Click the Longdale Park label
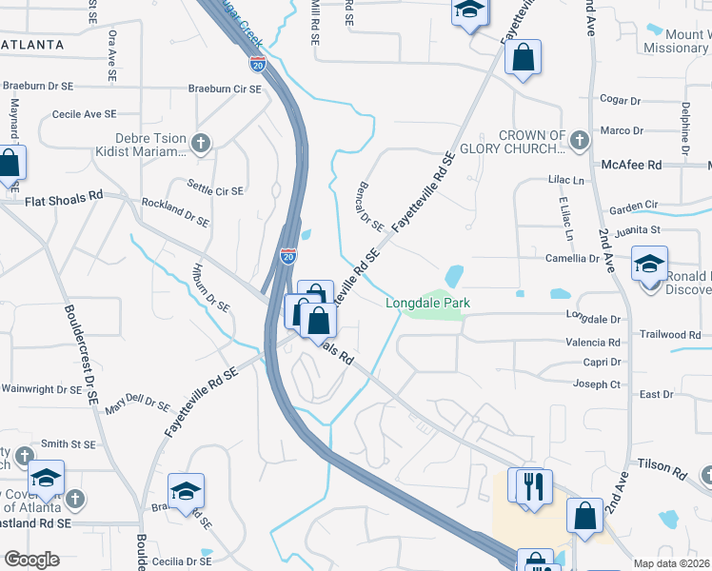(427, 303)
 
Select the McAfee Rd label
(631, 165)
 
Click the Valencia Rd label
(592, 343)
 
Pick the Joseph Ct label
(596, 384)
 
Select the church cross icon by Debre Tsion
(200, 144)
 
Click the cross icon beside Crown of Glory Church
(578, 142)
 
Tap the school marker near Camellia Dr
(649, 264)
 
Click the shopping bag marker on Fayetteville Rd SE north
(523, 58)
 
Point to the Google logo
(31, 560)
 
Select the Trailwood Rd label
(669, 334)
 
